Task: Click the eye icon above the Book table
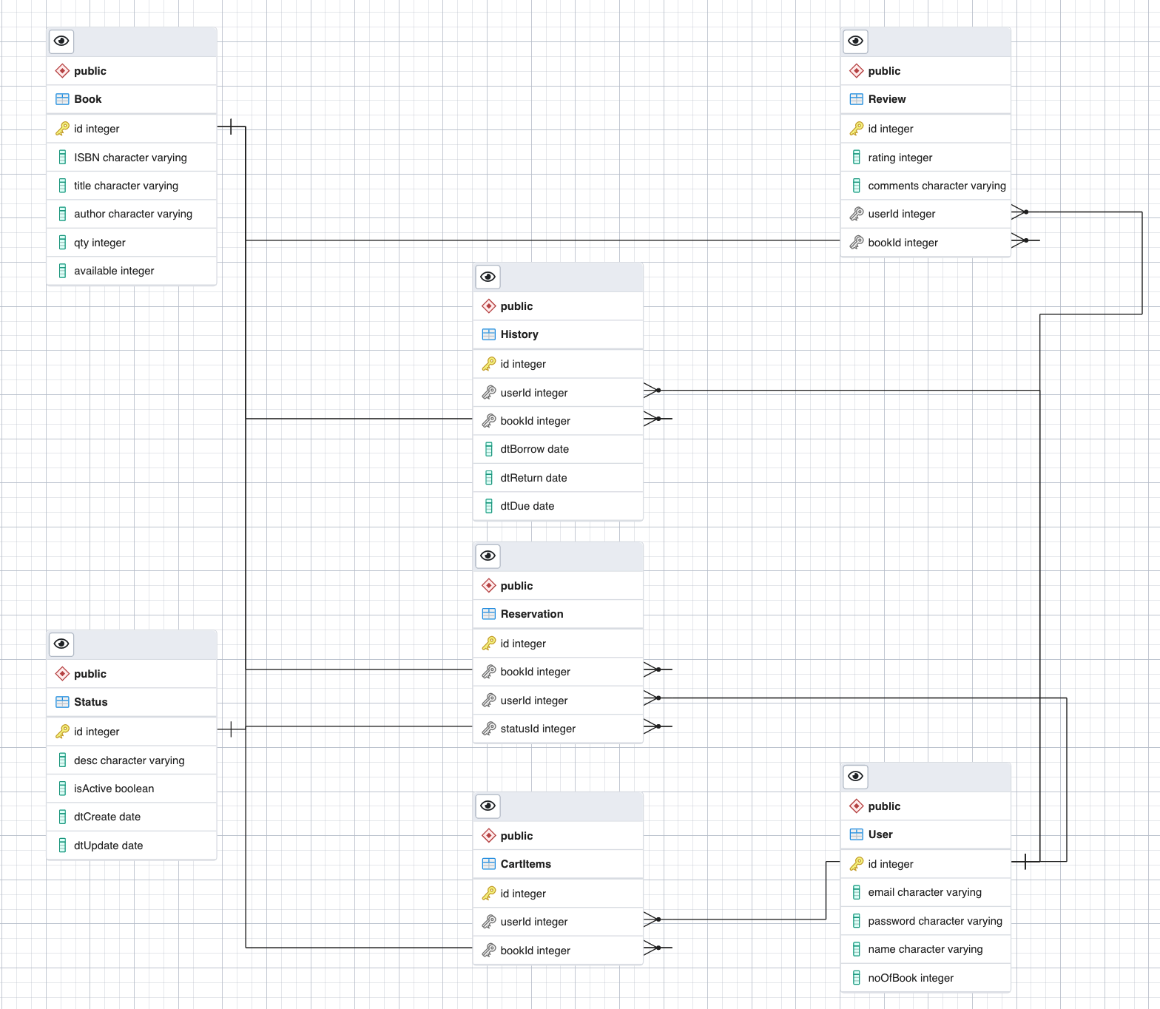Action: tap(61, 41)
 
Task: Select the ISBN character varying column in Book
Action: tap(130, 158)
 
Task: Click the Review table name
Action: tap(886, 99)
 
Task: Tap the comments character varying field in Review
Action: tap(937, 186)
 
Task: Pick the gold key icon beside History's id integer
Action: tap(489, 364)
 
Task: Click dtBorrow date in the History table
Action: tap(534, 449)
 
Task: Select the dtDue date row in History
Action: tap(527, 506)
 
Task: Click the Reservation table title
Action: tap(531, 614)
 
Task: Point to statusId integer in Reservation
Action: tap(538, 729)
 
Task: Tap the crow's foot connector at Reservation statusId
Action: tap(652, 726)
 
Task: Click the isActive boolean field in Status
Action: tap(114, 789)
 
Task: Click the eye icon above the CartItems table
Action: tap(488, 806)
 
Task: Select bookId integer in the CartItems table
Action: tap(535, 951)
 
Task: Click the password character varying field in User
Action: tap(934, 921)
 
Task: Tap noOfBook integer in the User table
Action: tap(910, 978)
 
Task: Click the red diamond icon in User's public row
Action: tap(856, 806)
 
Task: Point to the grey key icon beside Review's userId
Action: tap(856, 214)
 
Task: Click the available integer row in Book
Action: tap(114, 271)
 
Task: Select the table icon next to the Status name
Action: tap(62, 702)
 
